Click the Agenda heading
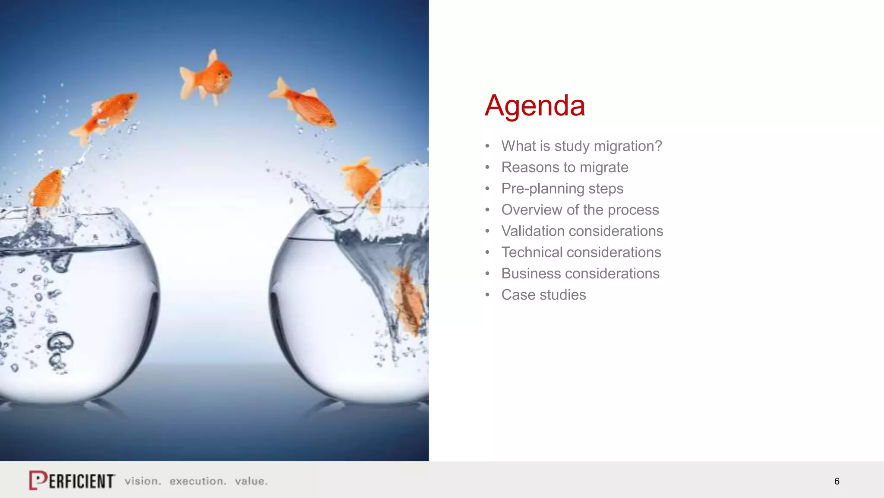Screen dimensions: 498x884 pyautogui.click(x=534, y=105)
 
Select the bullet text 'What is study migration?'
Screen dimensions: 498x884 pyautogui.click(x=581, y=146)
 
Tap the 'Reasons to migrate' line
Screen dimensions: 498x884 pyautogui.click(x=565, y=167)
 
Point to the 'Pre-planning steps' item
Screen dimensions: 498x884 pyautogui.click(x=562, y=188)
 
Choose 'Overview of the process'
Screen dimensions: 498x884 pyautogui.click(x=580, y=210)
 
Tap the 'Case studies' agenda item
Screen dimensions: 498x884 pyautogui.click(x=543, y=295)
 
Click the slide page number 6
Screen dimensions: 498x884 pyautogui.click(x=837, y=481)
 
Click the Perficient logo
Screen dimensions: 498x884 pyautogui.click(x=72, y=480)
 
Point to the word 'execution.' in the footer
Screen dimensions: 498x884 pyautogui.click(x=198, y=481)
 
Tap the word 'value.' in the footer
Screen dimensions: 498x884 pyautogui.click(x=251, y=481)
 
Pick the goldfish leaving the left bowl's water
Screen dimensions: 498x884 pyautogui.click(x=47, y=189)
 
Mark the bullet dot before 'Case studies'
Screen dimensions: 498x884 pyautogui.click(x=487, y=295)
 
